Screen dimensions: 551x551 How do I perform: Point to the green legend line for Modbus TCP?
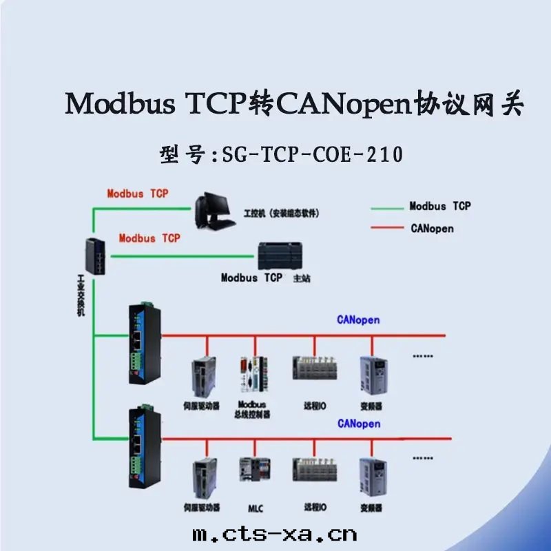click(387, 207)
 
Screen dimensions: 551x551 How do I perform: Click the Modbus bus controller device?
click(252, 377)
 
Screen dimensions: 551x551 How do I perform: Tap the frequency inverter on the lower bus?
click(371, 478)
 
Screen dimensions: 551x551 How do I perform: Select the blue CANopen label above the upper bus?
click(358, 320)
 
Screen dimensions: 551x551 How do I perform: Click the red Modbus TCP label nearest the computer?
click(138, 194)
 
